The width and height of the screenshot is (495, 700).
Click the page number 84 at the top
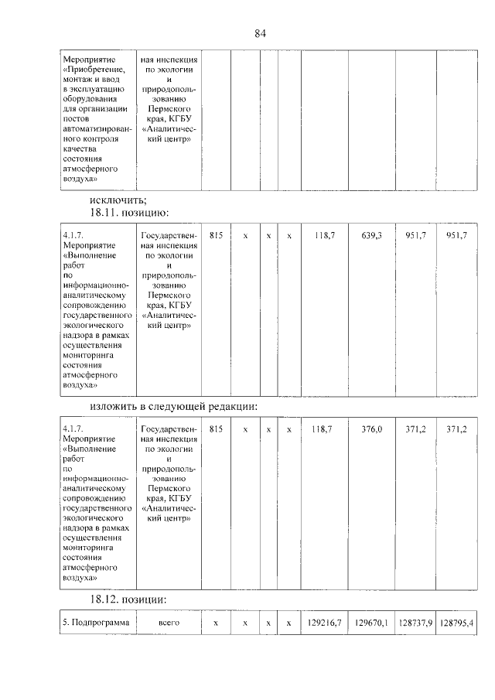click(x=260, y=33)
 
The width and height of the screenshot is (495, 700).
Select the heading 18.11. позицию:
click(x=129, y=213)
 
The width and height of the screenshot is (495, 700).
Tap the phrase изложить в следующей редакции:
click(x=173, y=407)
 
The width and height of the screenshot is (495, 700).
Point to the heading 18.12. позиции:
click(x=128, y=599)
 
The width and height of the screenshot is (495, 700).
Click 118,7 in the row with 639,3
click(x=323, y=234)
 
